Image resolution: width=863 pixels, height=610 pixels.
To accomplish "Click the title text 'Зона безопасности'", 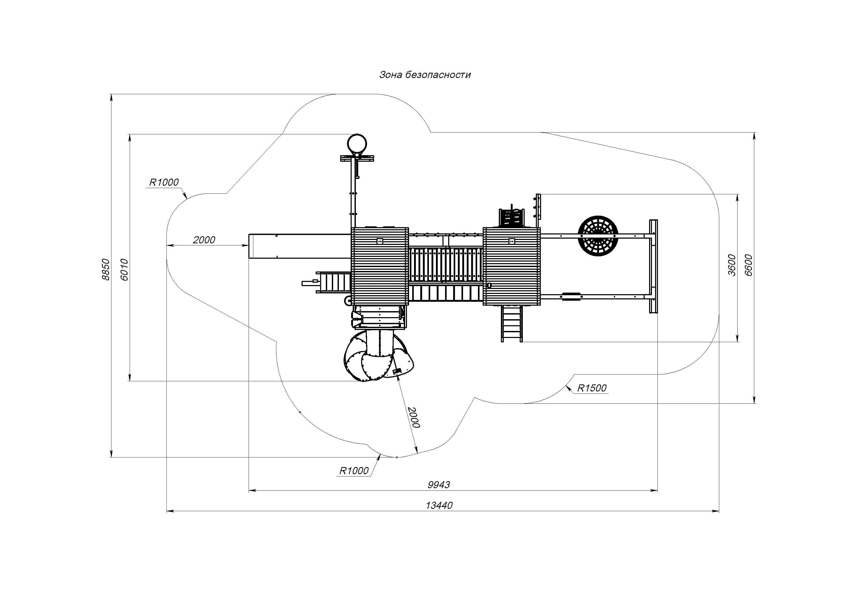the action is [x=425, y=75].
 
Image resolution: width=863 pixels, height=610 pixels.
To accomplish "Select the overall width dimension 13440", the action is [x=439, y=505].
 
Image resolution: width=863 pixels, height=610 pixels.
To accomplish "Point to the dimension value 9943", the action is [x=439, y=485].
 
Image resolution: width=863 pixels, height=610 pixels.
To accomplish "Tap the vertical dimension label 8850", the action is [x=106, y=269].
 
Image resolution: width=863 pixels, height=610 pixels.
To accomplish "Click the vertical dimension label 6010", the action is [x=124, y=269].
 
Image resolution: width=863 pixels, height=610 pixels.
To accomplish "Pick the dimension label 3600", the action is [x=732, y=265].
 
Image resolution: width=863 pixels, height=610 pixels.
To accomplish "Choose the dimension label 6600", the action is [x=748, y=265].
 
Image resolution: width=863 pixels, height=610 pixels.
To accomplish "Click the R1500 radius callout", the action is [x=592, y=388].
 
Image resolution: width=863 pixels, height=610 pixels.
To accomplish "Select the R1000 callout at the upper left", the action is [x=164, y=182].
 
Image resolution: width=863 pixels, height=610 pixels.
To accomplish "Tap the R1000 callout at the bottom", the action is [x=354, y=470].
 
